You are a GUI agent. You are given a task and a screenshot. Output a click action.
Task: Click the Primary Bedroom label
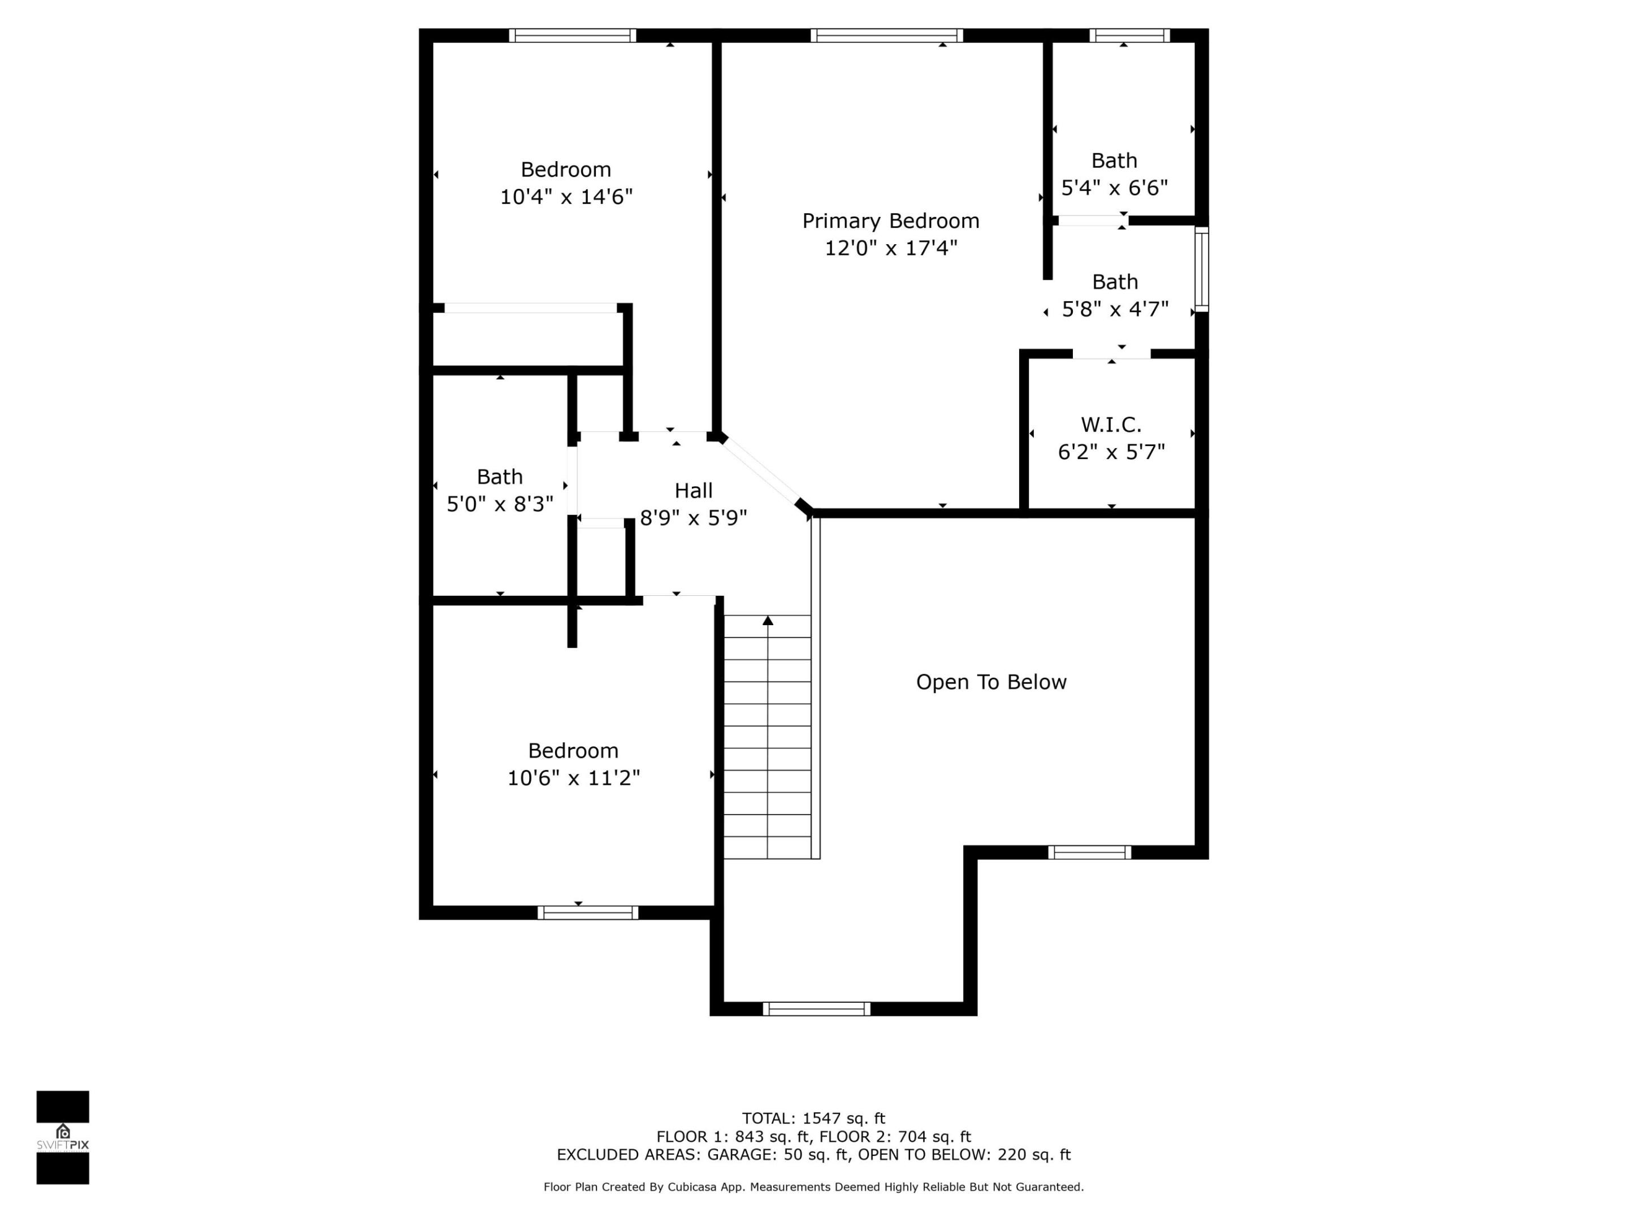click(890, 221)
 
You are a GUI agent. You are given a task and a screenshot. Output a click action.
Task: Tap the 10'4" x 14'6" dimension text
click(566, 197)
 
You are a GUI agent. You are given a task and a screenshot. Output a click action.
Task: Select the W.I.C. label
click(1111, 425)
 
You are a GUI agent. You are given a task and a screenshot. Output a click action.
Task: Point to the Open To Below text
click(990, 682)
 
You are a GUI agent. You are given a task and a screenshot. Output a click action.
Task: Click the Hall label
click(693, 491)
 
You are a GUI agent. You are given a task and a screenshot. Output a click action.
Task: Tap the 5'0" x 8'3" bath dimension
click(500, 504)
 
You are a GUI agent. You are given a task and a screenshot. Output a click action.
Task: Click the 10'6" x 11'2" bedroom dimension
click(573, 778)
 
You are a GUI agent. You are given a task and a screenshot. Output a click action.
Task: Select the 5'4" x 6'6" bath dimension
click(1114, 188)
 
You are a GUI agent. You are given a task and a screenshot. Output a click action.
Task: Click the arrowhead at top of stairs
click(768, 621)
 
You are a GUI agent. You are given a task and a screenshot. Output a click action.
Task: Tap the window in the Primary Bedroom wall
click(887, 35)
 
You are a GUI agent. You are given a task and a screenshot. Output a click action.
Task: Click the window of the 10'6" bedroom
click(587, 912)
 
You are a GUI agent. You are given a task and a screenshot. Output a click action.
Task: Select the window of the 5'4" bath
click(1129, 35)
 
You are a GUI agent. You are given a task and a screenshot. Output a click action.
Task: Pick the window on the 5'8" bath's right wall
click(1201, 269)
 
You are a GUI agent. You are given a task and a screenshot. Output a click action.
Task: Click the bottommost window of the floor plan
click(816, 1009)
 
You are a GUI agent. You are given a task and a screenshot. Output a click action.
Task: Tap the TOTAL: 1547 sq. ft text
click(813, 1119)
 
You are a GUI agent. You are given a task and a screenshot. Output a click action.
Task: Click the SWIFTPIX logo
click(63, 1137)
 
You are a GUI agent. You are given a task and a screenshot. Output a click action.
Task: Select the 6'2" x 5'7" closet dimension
click(1111, 452)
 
